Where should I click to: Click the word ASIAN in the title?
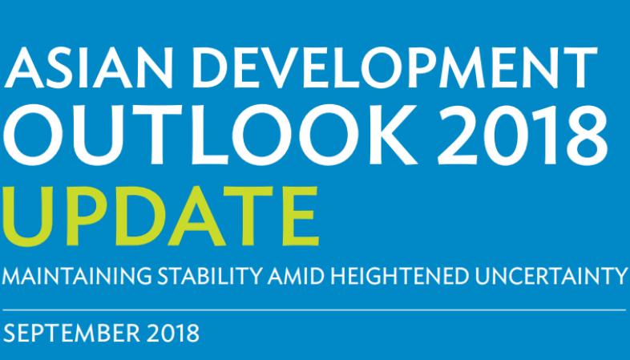pyautogui.click(x=88, y=68)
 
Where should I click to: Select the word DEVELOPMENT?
pyautogui.click(x=394, y=68)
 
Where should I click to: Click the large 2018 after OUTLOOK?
pyautogui.click(x=523, y=135)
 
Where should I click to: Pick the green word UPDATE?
pyautogui.click(x=161, y=216)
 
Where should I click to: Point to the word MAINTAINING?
pyautogui.click(x=77, y=276)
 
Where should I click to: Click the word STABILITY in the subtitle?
pyautogui.click(x=210, y=276)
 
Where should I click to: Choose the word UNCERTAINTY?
pyautogui.click(x=551, y=276)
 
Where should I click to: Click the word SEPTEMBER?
pyautogui.click(x=71, y=333)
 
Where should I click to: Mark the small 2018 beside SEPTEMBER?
pyautogui.click(x=173, y=333)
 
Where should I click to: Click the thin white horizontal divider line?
pyautogui.click(x=314, y=310)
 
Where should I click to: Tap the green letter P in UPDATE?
pyautogui.click(x=90, y=216)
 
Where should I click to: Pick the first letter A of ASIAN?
pyautogui.click(x=24, y=68)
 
